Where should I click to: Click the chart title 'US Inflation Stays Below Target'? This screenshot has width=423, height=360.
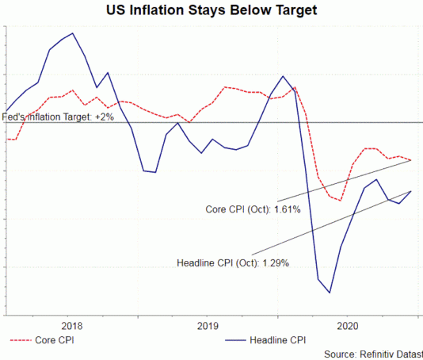pos(211,10)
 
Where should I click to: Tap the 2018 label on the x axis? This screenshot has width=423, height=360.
pos(71,325)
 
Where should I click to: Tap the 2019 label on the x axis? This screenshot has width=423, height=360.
pos(207,325)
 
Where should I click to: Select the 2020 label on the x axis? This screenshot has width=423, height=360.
pos(349,325)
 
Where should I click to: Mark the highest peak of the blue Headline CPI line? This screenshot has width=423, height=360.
pos(73,33)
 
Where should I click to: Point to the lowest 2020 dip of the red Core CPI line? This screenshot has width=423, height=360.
pos(340,201)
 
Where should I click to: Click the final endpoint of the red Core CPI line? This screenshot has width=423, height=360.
pos(411,160)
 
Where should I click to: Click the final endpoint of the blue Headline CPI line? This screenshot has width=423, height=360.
pos(411,191)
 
